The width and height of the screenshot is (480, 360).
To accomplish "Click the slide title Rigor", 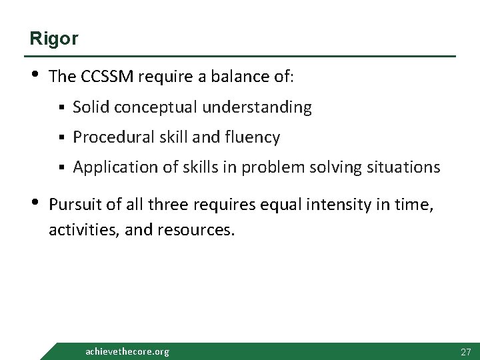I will [53, 39].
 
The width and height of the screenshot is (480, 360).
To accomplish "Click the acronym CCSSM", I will [109, 77].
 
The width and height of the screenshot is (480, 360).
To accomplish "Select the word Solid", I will [90, 107].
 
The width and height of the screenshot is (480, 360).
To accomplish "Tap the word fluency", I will [253, 137].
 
